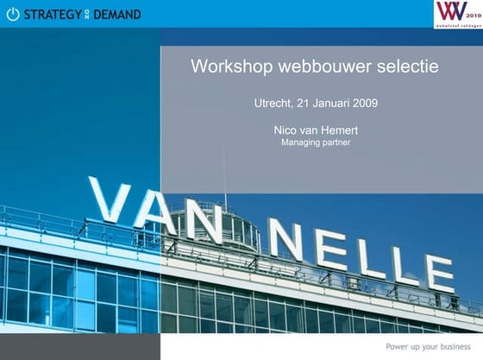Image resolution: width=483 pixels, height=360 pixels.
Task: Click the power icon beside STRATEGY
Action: point(12,14)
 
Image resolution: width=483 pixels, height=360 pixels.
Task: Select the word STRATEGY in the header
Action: point(53,14)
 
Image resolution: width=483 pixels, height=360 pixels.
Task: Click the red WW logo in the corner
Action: point(451,12)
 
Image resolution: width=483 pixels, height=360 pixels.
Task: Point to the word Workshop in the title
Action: point(225,66)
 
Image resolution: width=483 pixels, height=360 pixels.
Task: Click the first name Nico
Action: point(285,130)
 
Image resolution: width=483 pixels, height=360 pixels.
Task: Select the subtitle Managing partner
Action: point(316,142)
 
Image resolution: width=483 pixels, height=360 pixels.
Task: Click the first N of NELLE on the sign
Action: point(286,236)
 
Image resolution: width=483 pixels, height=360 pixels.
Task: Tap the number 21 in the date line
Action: point(302,104)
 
